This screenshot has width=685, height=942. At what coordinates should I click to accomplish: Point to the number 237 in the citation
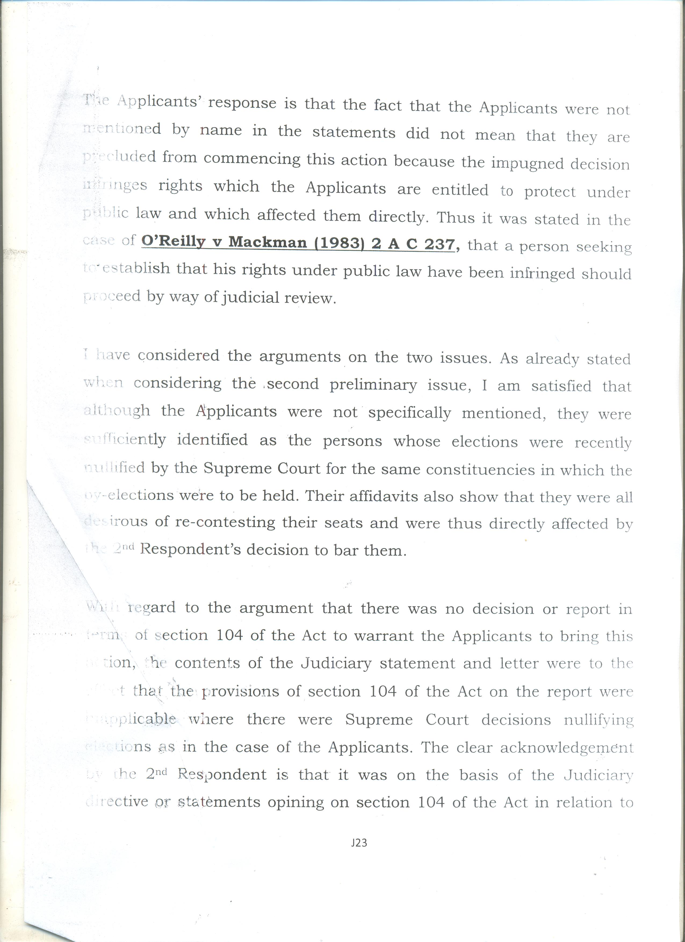[440, 245]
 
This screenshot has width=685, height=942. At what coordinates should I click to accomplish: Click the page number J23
[359, 842]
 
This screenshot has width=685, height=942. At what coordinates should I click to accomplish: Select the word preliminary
[373, 385]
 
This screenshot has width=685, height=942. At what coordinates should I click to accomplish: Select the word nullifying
[599, 720]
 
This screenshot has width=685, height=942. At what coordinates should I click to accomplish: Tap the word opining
[295, 802]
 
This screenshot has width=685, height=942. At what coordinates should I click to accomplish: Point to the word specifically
[409, 413]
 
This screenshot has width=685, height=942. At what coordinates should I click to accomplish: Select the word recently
[603, 443]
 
